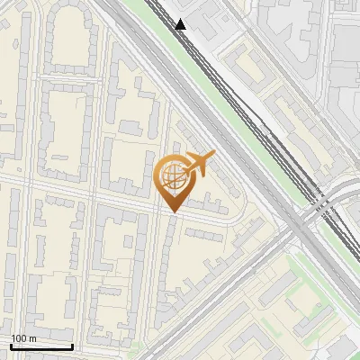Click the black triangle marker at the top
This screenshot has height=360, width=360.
[181, 24]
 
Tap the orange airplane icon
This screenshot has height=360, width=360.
[197, 164]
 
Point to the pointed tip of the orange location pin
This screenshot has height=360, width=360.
[171, 211]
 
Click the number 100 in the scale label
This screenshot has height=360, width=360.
[19, 338]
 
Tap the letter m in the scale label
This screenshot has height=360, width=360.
[32, 338]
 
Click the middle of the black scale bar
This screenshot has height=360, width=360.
[41, 346]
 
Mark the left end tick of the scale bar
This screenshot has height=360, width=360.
[11, 346]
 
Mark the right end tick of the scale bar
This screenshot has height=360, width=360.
[72, 346]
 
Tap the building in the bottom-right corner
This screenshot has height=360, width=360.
[342, 346]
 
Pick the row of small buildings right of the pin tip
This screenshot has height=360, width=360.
[202, 234]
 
